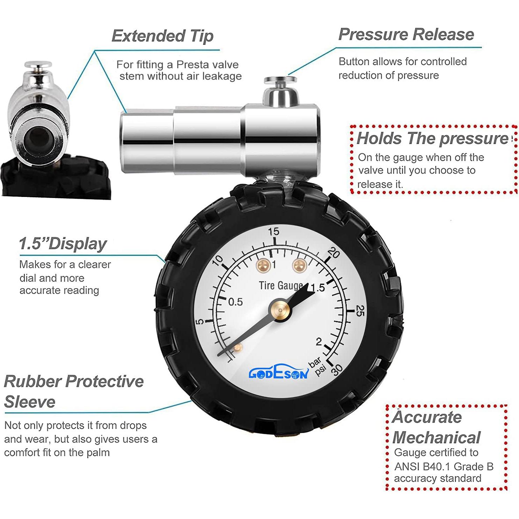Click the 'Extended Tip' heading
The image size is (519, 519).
(x=162, y=36)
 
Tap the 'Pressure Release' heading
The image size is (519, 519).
(x=406, y=34)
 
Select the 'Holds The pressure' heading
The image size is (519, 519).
(x=432, y=138)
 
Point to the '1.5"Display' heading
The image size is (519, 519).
(x=63, y=244)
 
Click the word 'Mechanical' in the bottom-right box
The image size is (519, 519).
(x=436, y=438)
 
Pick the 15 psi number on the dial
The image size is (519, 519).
(x=274, y=231)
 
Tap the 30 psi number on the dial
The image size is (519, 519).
(x=337, y=370)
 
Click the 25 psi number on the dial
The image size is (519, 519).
(x=360, y=310)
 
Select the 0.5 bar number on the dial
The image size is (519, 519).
(x=235, y=302)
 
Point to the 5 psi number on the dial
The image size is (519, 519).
(x=199, y=322)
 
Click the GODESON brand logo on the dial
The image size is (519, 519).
(x=279, y=374)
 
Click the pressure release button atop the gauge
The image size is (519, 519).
(x=280, y=81)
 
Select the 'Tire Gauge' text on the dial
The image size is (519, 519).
(x=281, y=286)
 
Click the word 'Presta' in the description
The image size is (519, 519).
(x=191, y=64)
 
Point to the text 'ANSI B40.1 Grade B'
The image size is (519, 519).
(x=444, y=466)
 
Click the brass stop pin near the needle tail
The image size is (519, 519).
(x=238, y=348)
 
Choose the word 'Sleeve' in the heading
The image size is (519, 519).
(x=30, y=402)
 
